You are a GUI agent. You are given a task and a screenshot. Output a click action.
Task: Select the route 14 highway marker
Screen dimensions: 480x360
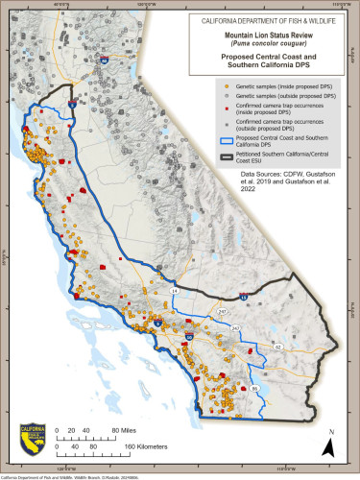pos(174,289)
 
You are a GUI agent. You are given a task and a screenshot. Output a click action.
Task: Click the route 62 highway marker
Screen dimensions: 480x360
pos(277,346)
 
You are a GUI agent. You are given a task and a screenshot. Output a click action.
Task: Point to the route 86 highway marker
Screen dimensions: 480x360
pos(254,387)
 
